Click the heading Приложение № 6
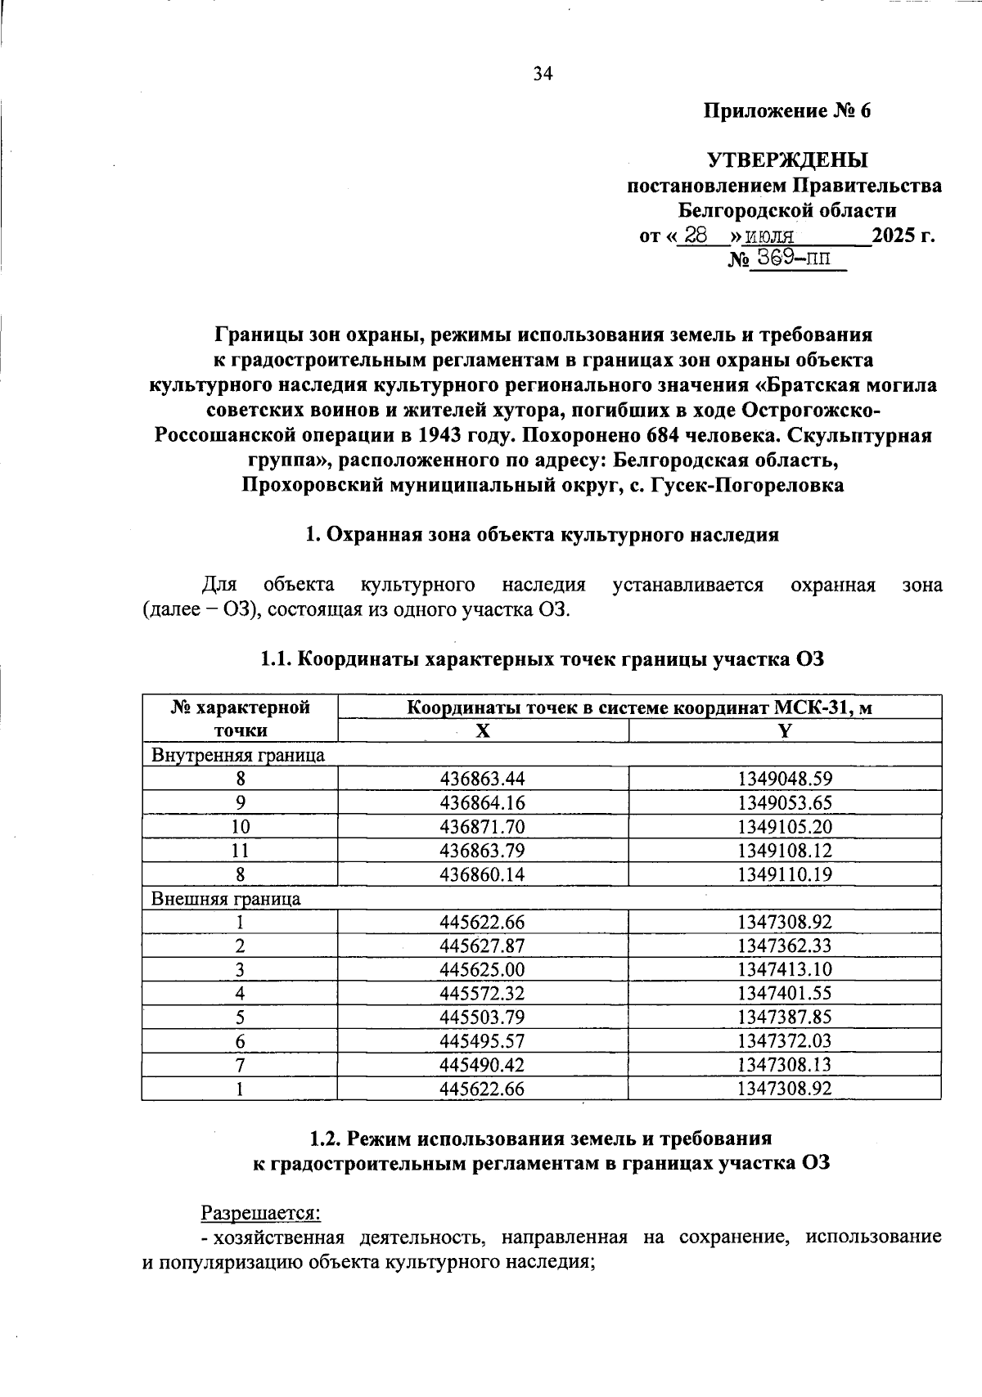pyautogui.click(x=787, y=110)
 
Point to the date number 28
pyautogui.click(x=696, y=236)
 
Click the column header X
pyautogui.click(x=483, y=731)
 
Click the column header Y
pyautogui.click(x=784, y=731)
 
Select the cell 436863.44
pyautogui.click(x=482, y=779)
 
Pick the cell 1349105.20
pyautogui.click(x=784, y=827)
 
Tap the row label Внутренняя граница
pyautogui.click(x=238, y=755)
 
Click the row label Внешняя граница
pyautogui.click(x=226, y=899)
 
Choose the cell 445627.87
pyautogui.click(x=482, y=946)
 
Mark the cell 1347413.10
pyautogui.click(x=784, y=970)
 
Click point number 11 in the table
pyautogui.click(x=240, y=851)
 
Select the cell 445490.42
pyautogui.click(x=482, y=1066)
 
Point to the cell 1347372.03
pyautogui.click(x=784, y=1042)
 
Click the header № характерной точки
pyautogui.click(x=240, y=719)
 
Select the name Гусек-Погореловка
pyautogui.click(x=746, y=485)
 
